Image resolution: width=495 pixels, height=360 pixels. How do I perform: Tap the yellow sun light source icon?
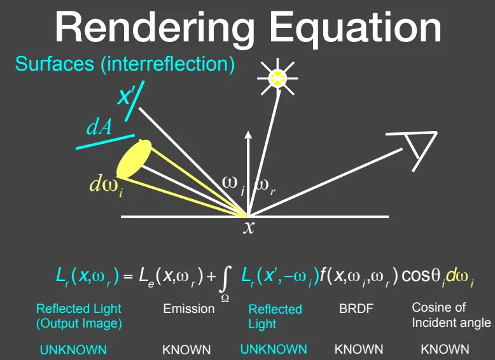[277, 78]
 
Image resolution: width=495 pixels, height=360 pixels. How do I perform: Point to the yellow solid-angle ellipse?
[134, 159]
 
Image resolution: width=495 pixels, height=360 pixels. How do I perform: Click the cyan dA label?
[99, 127]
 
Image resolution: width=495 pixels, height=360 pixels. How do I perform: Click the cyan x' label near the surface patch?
[124, 96]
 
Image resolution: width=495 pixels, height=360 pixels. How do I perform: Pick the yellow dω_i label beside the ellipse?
[106, 186]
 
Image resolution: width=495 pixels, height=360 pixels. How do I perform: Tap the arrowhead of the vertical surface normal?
[248, 135]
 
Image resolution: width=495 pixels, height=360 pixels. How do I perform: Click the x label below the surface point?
[249, 227]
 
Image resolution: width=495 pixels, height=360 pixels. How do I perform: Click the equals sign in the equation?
[127, 277]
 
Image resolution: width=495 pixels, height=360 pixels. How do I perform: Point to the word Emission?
[189, 308]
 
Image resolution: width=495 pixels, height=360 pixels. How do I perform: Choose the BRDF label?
[356, 308]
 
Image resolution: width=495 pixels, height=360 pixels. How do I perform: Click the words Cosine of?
[438, 307]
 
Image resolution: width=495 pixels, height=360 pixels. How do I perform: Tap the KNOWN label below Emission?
[186, 350]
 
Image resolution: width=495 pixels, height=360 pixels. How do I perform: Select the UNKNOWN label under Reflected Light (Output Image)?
[73, 350]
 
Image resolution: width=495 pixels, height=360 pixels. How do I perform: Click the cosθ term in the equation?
[421, 276]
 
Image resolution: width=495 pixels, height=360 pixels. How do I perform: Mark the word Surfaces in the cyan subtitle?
[55, 64]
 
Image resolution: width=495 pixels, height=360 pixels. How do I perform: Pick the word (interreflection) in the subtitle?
[168, 64]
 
